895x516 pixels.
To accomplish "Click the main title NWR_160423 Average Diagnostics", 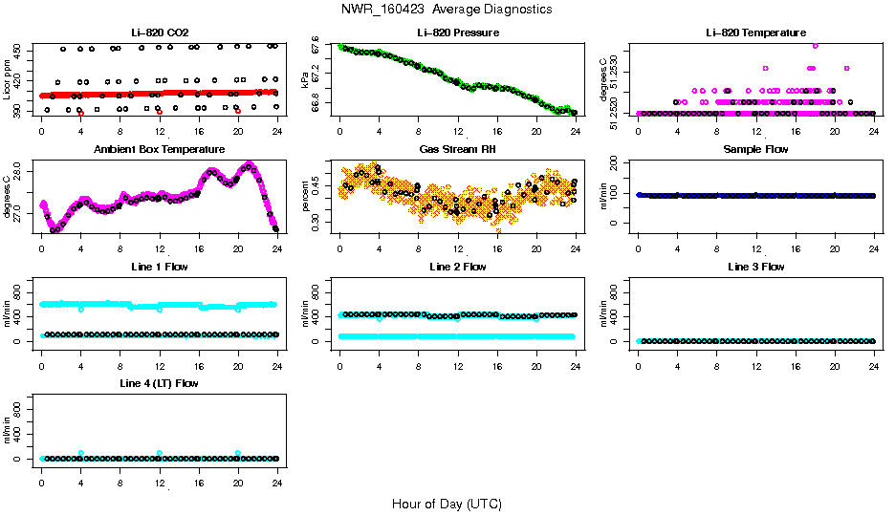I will click(447, 10).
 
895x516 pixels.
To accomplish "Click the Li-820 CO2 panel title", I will click(159, 32).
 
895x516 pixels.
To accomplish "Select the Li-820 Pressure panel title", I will click(457, 32).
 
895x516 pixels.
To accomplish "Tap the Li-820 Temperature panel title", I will click(755, 32).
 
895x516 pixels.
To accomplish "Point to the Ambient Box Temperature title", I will click(159, 150).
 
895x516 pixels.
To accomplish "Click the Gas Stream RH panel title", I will click(457, 150).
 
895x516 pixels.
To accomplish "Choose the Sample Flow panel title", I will click(755, 150).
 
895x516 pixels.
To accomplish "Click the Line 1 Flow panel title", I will click(159, 267).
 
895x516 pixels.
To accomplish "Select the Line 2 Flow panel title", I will click(457, 267).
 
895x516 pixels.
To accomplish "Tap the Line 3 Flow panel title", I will click(755, 267).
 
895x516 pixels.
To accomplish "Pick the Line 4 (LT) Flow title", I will click(159, 383).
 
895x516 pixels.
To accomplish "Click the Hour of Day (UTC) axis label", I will click(447, 504).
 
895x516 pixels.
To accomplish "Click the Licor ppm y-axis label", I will click(8, 79).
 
